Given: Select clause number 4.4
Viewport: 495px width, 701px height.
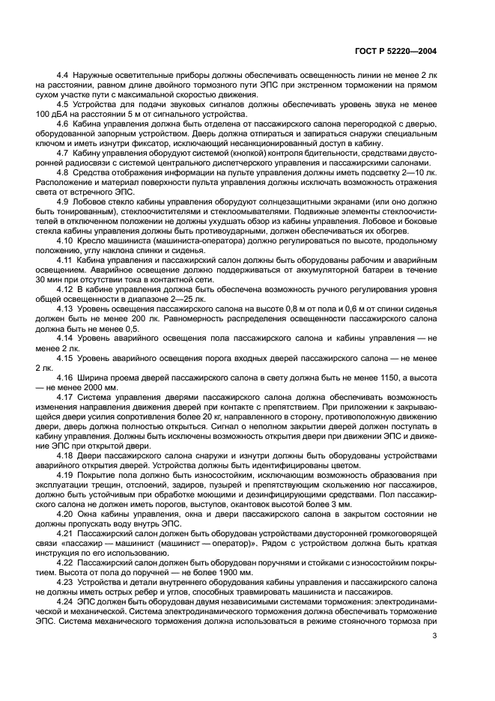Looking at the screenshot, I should (x=64, y=76).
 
